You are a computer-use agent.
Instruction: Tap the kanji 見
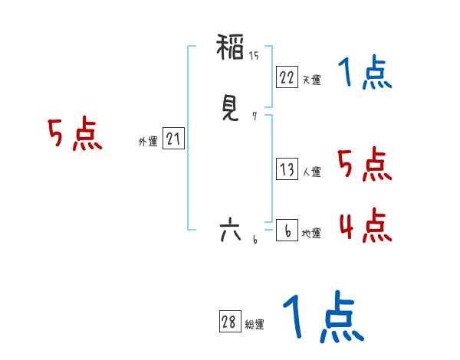point(231,109)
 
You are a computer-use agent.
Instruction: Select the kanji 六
point(230,229)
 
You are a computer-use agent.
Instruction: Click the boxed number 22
point(287,77)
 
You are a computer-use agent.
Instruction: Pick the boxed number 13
point(287,170)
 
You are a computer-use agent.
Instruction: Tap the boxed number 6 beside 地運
point(287,231)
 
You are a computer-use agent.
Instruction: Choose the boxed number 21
point(173,139)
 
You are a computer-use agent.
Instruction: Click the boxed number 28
point(229,322)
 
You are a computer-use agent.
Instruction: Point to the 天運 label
point(311,79)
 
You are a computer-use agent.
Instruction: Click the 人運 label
point(311,172)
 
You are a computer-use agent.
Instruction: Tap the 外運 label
point(148,141)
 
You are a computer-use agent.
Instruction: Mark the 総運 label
point(255,325)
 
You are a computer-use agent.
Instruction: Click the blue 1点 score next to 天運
point(365,74)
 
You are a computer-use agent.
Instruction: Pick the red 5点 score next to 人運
point(364,165)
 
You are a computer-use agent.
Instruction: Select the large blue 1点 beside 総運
point(322,318)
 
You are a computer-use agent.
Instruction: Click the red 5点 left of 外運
point(74,135)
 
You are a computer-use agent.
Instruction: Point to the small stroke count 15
point(254,55)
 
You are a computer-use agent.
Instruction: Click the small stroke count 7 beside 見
point(254,116)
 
